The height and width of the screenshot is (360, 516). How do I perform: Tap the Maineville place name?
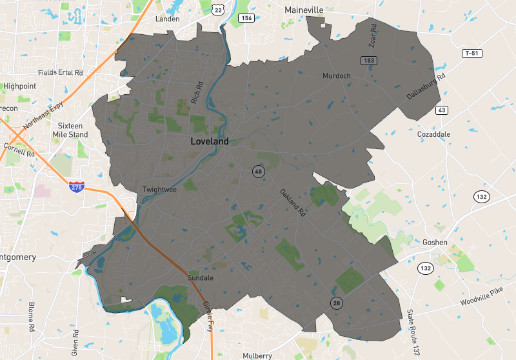pos(304,10)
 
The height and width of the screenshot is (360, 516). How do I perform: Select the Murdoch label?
pos(337,76)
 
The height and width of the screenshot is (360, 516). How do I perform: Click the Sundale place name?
pos(199,278)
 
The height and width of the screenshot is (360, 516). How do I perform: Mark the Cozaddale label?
pos(433,134)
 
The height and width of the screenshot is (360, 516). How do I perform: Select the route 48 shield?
pos(258,171)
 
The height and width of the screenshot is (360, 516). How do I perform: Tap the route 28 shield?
pos(336,303)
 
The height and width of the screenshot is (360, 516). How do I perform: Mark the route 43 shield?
pos(442,110)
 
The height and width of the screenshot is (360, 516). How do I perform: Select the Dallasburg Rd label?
pos(426,86)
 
